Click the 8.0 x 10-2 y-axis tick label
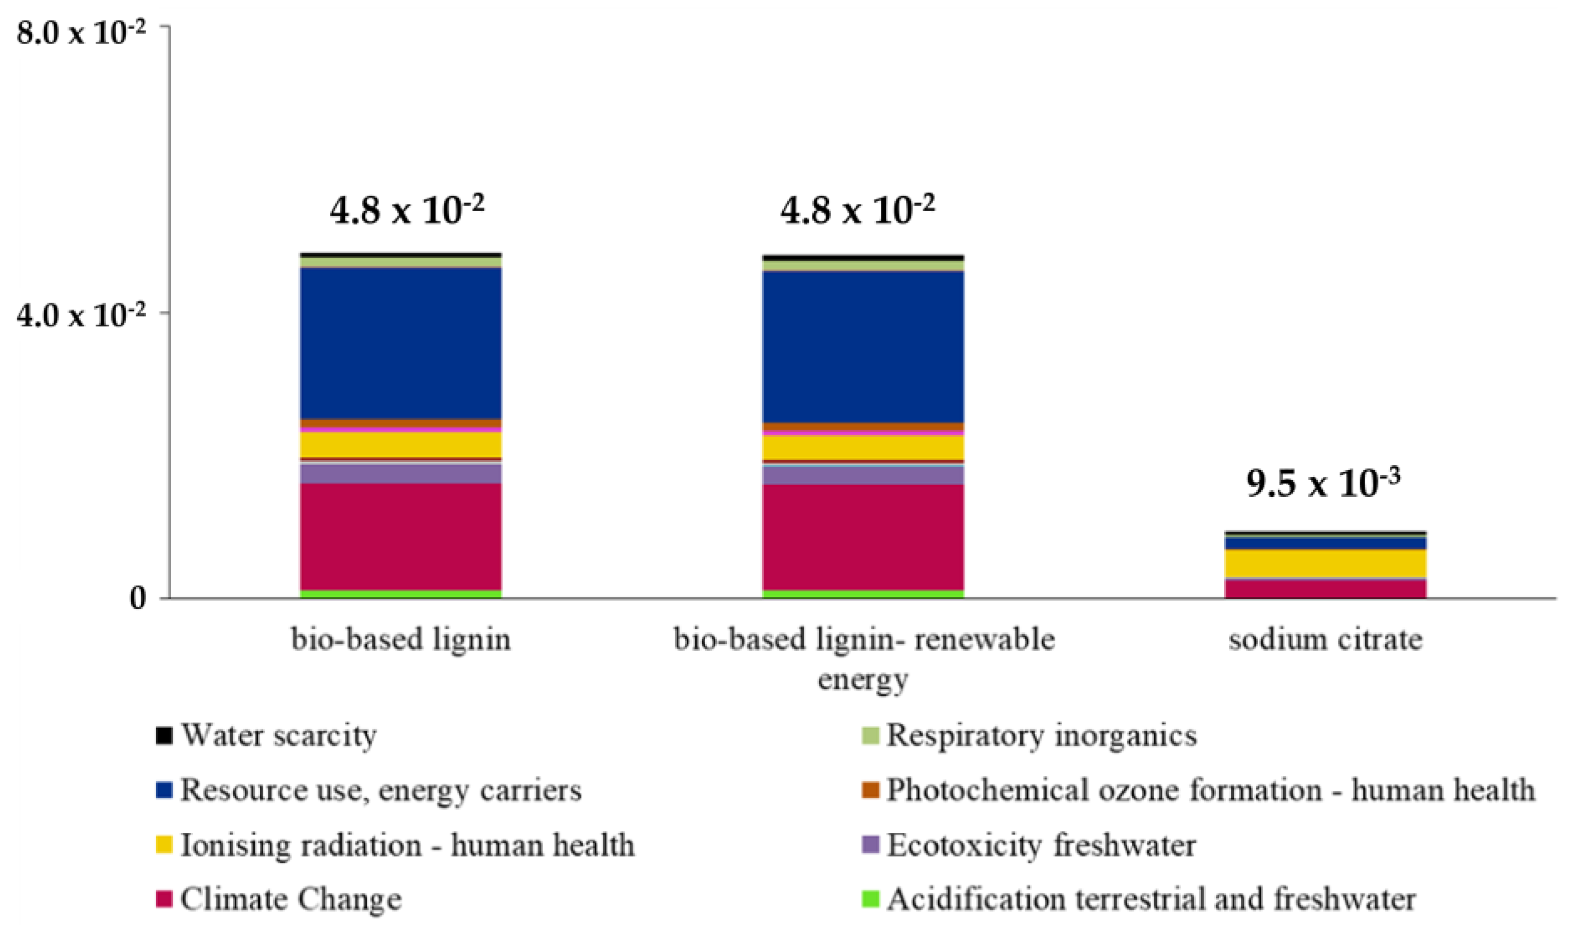[80, 31]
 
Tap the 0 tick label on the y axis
[138, 598]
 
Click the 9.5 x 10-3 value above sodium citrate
[1323, 484]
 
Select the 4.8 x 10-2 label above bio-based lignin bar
[406, 211]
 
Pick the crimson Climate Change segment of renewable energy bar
[863, 537]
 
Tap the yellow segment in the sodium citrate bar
[1325, 563]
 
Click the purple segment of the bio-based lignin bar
[400, 474]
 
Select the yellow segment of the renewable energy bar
[863, 447]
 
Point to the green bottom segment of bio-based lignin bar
[400, 593]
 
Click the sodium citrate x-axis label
[1325, 640]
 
